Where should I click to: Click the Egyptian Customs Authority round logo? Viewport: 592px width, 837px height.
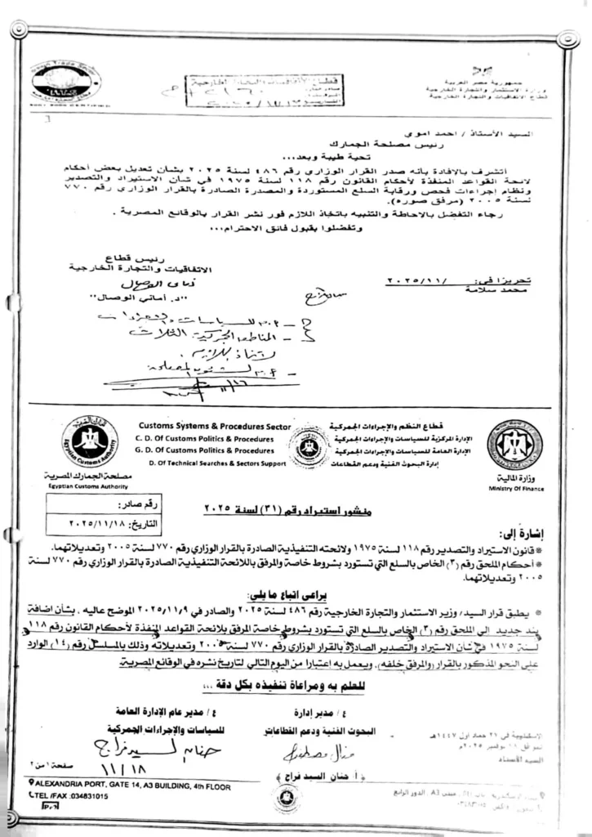[x=90, y=442]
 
